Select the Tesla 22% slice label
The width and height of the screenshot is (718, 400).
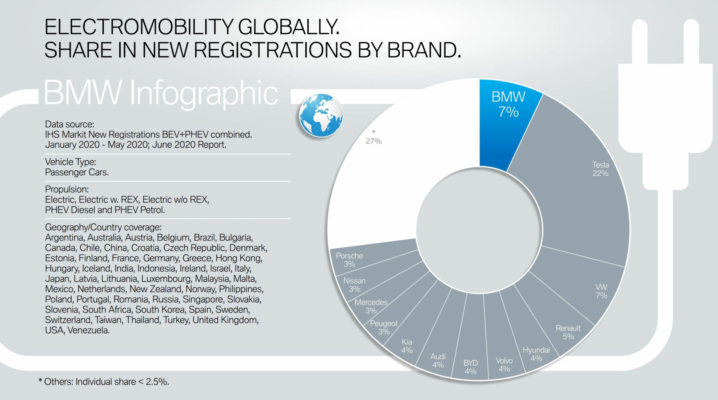coord(600,169)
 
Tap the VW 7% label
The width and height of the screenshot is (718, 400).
coord(601,291)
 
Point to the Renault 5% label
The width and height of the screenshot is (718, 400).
coord(568,332)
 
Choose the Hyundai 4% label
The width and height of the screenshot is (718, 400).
coord(536,354)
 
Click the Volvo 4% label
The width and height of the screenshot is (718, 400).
coord(504,364)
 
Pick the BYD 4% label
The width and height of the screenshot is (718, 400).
coord(470,367)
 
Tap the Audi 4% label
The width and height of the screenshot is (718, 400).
coord(438,361)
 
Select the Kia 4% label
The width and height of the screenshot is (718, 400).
coord(407,346)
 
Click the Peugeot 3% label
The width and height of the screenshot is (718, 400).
coord(384,327)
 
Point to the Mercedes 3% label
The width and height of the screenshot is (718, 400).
coord(371,306)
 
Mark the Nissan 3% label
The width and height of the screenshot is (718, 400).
coord(355,285)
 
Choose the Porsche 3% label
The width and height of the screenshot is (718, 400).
coord(349,260)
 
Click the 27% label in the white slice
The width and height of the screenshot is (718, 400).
coord(374,141)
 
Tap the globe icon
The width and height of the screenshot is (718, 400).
coord(321,115)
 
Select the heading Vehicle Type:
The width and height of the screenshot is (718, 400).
coord(71,162)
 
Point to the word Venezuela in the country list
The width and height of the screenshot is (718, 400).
coord(88,330)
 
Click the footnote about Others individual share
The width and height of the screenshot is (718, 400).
coord(104,382)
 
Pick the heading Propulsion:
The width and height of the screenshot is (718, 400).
coord(67,189)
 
